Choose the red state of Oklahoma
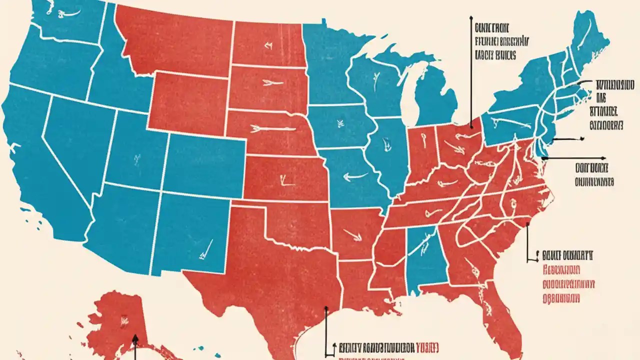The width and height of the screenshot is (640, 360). pos(295,220)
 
